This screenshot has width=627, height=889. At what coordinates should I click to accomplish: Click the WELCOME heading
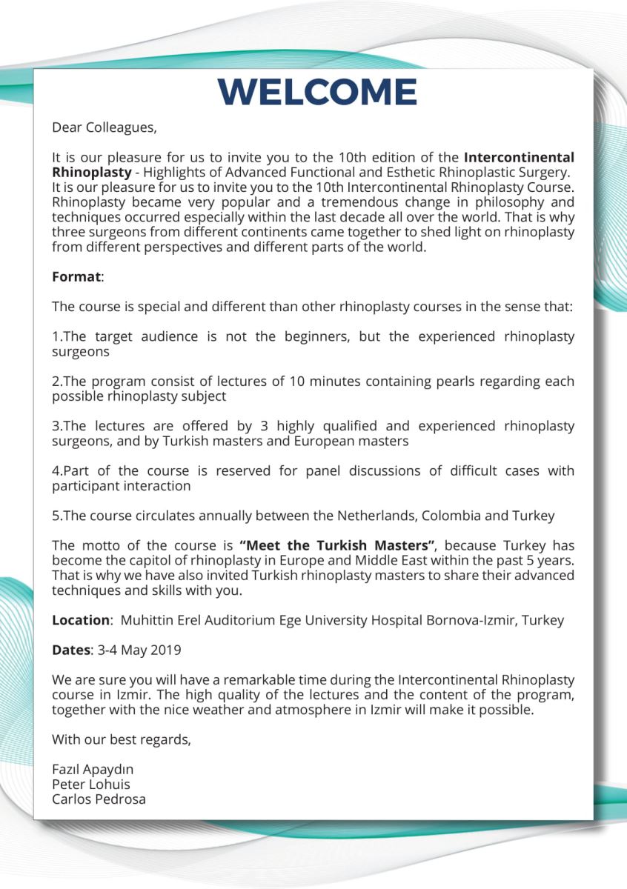[x=317, y=91]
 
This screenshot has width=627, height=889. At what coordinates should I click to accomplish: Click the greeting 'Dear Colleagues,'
[x=104, y=127]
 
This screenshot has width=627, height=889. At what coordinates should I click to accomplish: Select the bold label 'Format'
[x=76, y=276]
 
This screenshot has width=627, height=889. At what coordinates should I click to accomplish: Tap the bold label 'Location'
[x=80, y=620]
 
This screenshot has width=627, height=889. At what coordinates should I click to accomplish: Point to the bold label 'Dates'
[x=70, y=650]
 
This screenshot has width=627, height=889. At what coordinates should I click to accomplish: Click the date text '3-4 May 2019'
[x=139, y=650]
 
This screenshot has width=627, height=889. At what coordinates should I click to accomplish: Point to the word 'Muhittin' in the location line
[x=147, y=620]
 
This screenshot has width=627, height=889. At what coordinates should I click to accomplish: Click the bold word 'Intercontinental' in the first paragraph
[x=519, y=157]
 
